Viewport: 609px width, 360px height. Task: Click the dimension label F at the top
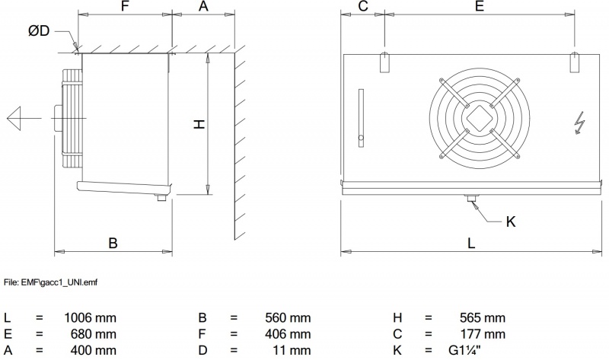pos(125,6)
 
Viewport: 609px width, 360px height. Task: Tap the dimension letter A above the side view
pos(203,6)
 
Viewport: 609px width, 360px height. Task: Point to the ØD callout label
pos(39,30)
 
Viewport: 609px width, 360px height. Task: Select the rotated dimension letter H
pos(199,124)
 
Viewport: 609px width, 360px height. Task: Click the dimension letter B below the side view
pos(113,243)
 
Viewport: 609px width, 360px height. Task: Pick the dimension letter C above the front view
pos(363,6)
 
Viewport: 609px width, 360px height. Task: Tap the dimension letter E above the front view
pos(480,6)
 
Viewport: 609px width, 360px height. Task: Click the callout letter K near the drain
pos(511,221)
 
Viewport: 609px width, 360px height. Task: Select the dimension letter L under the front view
pos(471,243)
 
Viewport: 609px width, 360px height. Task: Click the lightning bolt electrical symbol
pos(579,123)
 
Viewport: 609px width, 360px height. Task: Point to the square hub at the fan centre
pos(480,119)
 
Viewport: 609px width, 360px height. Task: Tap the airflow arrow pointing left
pos(24,118)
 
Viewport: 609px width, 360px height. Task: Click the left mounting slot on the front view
pos(384,62)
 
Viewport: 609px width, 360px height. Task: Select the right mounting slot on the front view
pos(575,62)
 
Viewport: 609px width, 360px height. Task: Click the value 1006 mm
pos(90,317)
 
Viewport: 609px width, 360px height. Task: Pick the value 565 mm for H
pos(483,317)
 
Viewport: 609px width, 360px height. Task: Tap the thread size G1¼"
pos(464,350)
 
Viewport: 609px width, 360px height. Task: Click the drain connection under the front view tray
pos(472,198)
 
